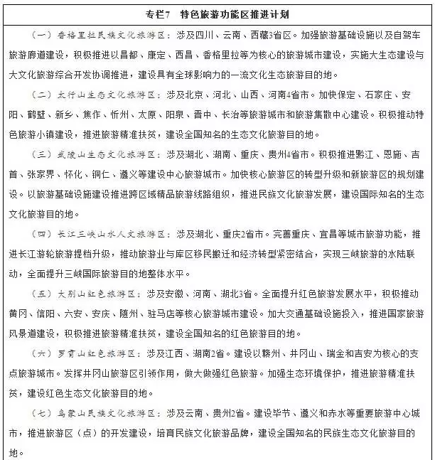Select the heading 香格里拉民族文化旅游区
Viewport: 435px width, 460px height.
[109, 34]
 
